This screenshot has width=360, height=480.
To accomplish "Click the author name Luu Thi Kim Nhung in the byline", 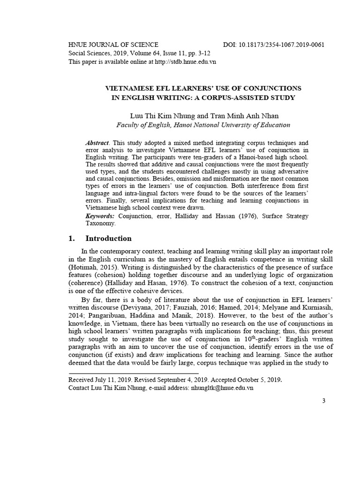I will pyautogui.click(x=157, y=115).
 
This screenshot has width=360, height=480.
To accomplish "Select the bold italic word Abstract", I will pyautogui.click(x=97, y=142).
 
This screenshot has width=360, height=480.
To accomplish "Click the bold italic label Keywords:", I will pyautogui.click(x=100, y=216).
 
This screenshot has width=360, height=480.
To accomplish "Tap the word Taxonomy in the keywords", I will pyautogui.click(x=100, y=224).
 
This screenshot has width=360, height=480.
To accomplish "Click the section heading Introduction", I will pyautogui.click(x=108, y=239).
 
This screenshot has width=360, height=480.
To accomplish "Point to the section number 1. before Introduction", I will pyautogui.click(x=72, y=239).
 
